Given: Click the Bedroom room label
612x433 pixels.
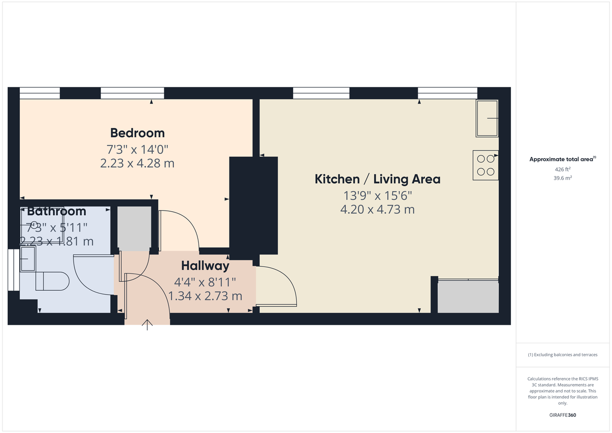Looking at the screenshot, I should pyautogui.click(x=137, y=133).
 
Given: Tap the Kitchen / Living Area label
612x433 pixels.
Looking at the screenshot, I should pyautogui.click(x=377, y=180).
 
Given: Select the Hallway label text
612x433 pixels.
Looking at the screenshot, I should pyautogui.click(x=205, y=266).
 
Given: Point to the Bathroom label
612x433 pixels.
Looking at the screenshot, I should pyautogui.click(x=57, y=211).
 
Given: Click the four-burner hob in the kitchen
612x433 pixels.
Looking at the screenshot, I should pyautogui.click(x=485, y=165).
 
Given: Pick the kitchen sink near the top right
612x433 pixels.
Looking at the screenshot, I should pyautogui.click(x=487, y=118).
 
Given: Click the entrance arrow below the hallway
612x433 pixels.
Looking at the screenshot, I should pyautogui.click(x=148, y=325).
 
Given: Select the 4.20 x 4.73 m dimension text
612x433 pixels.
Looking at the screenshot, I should pyautogui.click(x=377, y=209).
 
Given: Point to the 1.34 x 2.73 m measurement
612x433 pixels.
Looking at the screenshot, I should pyautogui.click(x=205, y=296).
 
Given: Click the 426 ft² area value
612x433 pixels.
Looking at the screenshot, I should pyautogui.click(x=563, y=169).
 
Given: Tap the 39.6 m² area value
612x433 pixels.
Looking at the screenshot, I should pyautogui.click(x=563, y=178).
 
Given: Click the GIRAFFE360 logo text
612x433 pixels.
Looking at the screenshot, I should pyautogui.click(x=563, y=415).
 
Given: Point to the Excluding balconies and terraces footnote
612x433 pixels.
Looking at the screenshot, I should pyautogui.click(x=563, y=354).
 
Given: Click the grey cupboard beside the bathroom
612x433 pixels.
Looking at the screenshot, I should pyautogui.click(x=134, y=228).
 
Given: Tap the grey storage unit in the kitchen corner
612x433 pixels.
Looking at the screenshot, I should pyautogui.click(x=468, y=297).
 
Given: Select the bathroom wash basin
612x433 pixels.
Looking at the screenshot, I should pyautogui.click(x=28, y=260).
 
